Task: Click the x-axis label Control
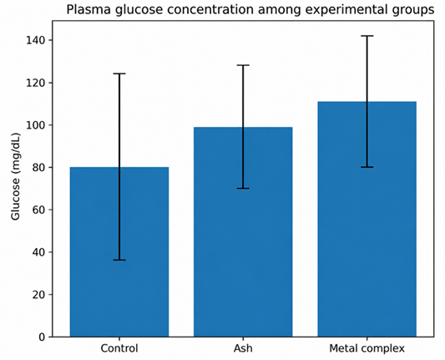pyautogui.click(x=119, y=348)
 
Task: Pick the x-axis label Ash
pyautogui.click(x=243, y=348)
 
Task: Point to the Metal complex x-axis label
pyautogui.click(x=367, y=348)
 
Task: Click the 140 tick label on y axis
pyautogui.click(x=35, y=40)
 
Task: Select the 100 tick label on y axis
pyautogui.click(x=35, y=125)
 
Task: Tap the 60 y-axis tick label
pyautogui.click(x=38, y=210)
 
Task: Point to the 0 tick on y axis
pyautogui.click(x=42, y=337)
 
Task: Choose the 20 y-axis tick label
pyautogui.click(x=38, y=294)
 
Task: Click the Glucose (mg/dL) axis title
pyautogui.click(x=16, y=176)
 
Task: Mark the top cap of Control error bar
pyautogui.click(x=119, y=74)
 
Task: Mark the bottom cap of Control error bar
pyautogui.click(x=119, y=260)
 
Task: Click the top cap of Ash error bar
pyautogui.click(x=243, y=65)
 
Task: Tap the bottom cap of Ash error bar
pyautogui.click(x=243, y=188)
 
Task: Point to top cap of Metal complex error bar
pyautogui.click(x=367, y=36)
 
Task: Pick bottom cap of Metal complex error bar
pyautogui.click(x=367, y=167)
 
